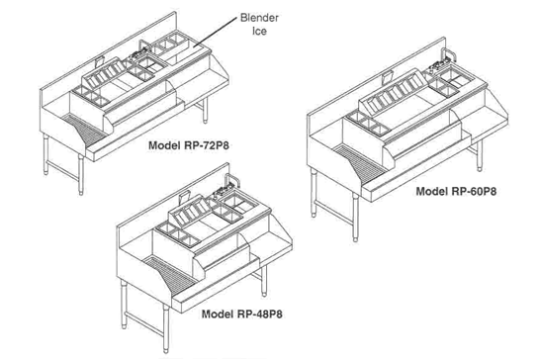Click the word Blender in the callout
coord(259,18)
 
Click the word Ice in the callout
coord(259,32)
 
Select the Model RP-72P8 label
coord(189,145)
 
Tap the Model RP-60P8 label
coord(456,191)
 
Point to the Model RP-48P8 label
coord(241,314)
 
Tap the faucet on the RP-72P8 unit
coord(144,46)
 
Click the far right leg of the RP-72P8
coord(205,110)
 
